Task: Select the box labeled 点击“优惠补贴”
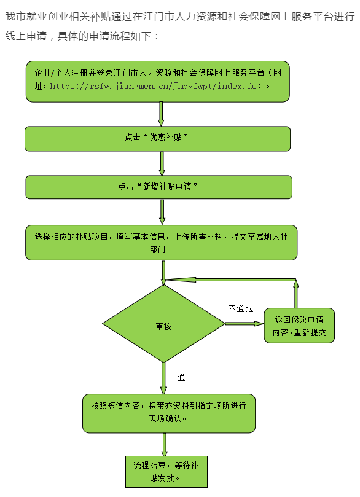coord(157,138)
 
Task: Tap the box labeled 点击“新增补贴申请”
coord(158,187)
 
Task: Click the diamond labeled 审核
coord(163,324)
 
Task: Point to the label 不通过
coord(241,308)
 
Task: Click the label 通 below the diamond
coord(181,377)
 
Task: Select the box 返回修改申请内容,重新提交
coord(299,326)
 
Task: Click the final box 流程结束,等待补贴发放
coord(166,472)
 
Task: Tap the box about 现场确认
coord(169,413)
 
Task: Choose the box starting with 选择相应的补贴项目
coord(162,243)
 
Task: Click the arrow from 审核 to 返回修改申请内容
coord(245,324)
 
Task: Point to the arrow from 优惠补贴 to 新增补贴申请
coord(162,163)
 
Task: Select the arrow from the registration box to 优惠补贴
coord(161,114)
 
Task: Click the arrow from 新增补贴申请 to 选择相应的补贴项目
coord(162,212)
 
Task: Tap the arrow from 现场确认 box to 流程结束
coord(165,444)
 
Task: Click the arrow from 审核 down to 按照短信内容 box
coord(163,378)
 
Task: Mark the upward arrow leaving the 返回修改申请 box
coord(295,294)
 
